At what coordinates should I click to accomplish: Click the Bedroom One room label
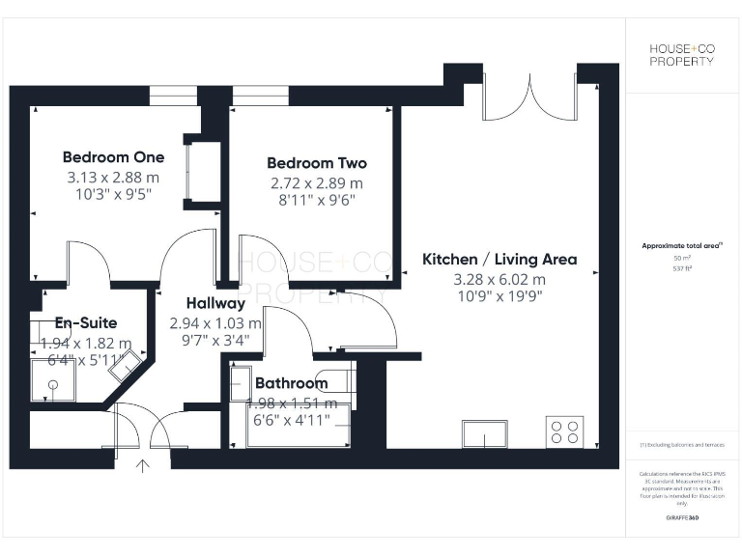pos(113,157)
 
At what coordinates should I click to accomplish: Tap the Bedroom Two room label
pos(317,163)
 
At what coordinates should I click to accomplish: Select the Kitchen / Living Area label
pos(499,259)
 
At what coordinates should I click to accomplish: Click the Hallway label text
pos(215,303)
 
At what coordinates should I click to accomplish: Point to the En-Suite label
pos(86,323)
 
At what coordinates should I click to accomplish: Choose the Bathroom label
pos(291,383)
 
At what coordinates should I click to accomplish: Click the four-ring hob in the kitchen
pos(563,431)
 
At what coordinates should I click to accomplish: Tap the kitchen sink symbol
pos(486,434)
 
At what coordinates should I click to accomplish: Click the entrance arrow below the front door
pos(144,467)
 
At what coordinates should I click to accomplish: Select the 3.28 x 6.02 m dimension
pos(499,279)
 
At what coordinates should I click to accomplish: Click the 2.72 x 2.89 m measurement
pos(317,182)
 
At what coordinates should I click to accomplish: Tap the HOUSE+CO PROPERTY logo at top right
pos(681,55)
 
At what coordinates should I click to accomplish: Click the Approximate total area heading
pos(680,246)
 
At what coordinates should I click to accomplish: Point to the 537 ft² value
pos(681,269)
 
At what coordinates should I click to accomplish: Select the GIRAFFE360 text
pos(681,518)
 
